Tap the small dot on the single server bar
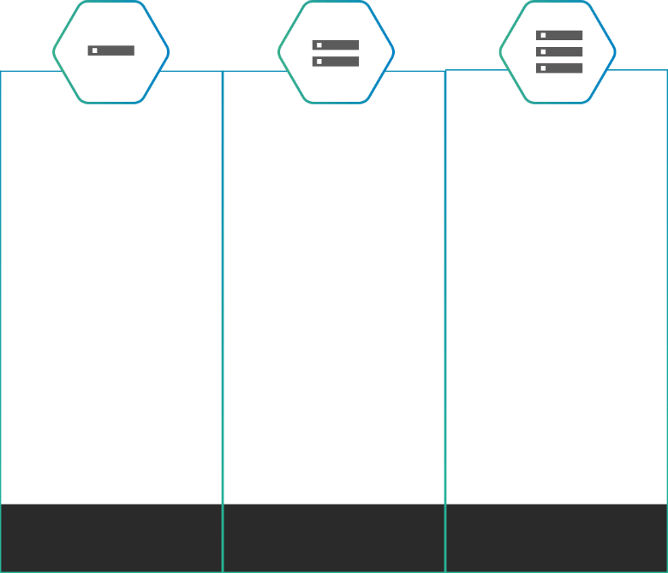pos(94,50)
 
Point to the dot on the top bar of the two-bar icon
pos(319,45)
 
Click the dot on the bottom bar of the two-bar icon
pos(319,62)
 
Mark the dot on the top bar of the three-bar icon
pos(543,35)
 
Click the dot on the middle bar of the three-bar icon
pos(543,51)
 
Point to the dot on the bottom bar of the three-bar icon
pos(543,68)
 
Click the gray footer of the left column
pos(111,537)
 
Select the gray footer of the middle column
pos(334,537)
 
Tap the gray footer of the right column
pos(557,537)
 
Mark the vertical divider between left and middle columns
pos(223,299)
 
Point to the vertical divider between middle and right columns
pos(445,299)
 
